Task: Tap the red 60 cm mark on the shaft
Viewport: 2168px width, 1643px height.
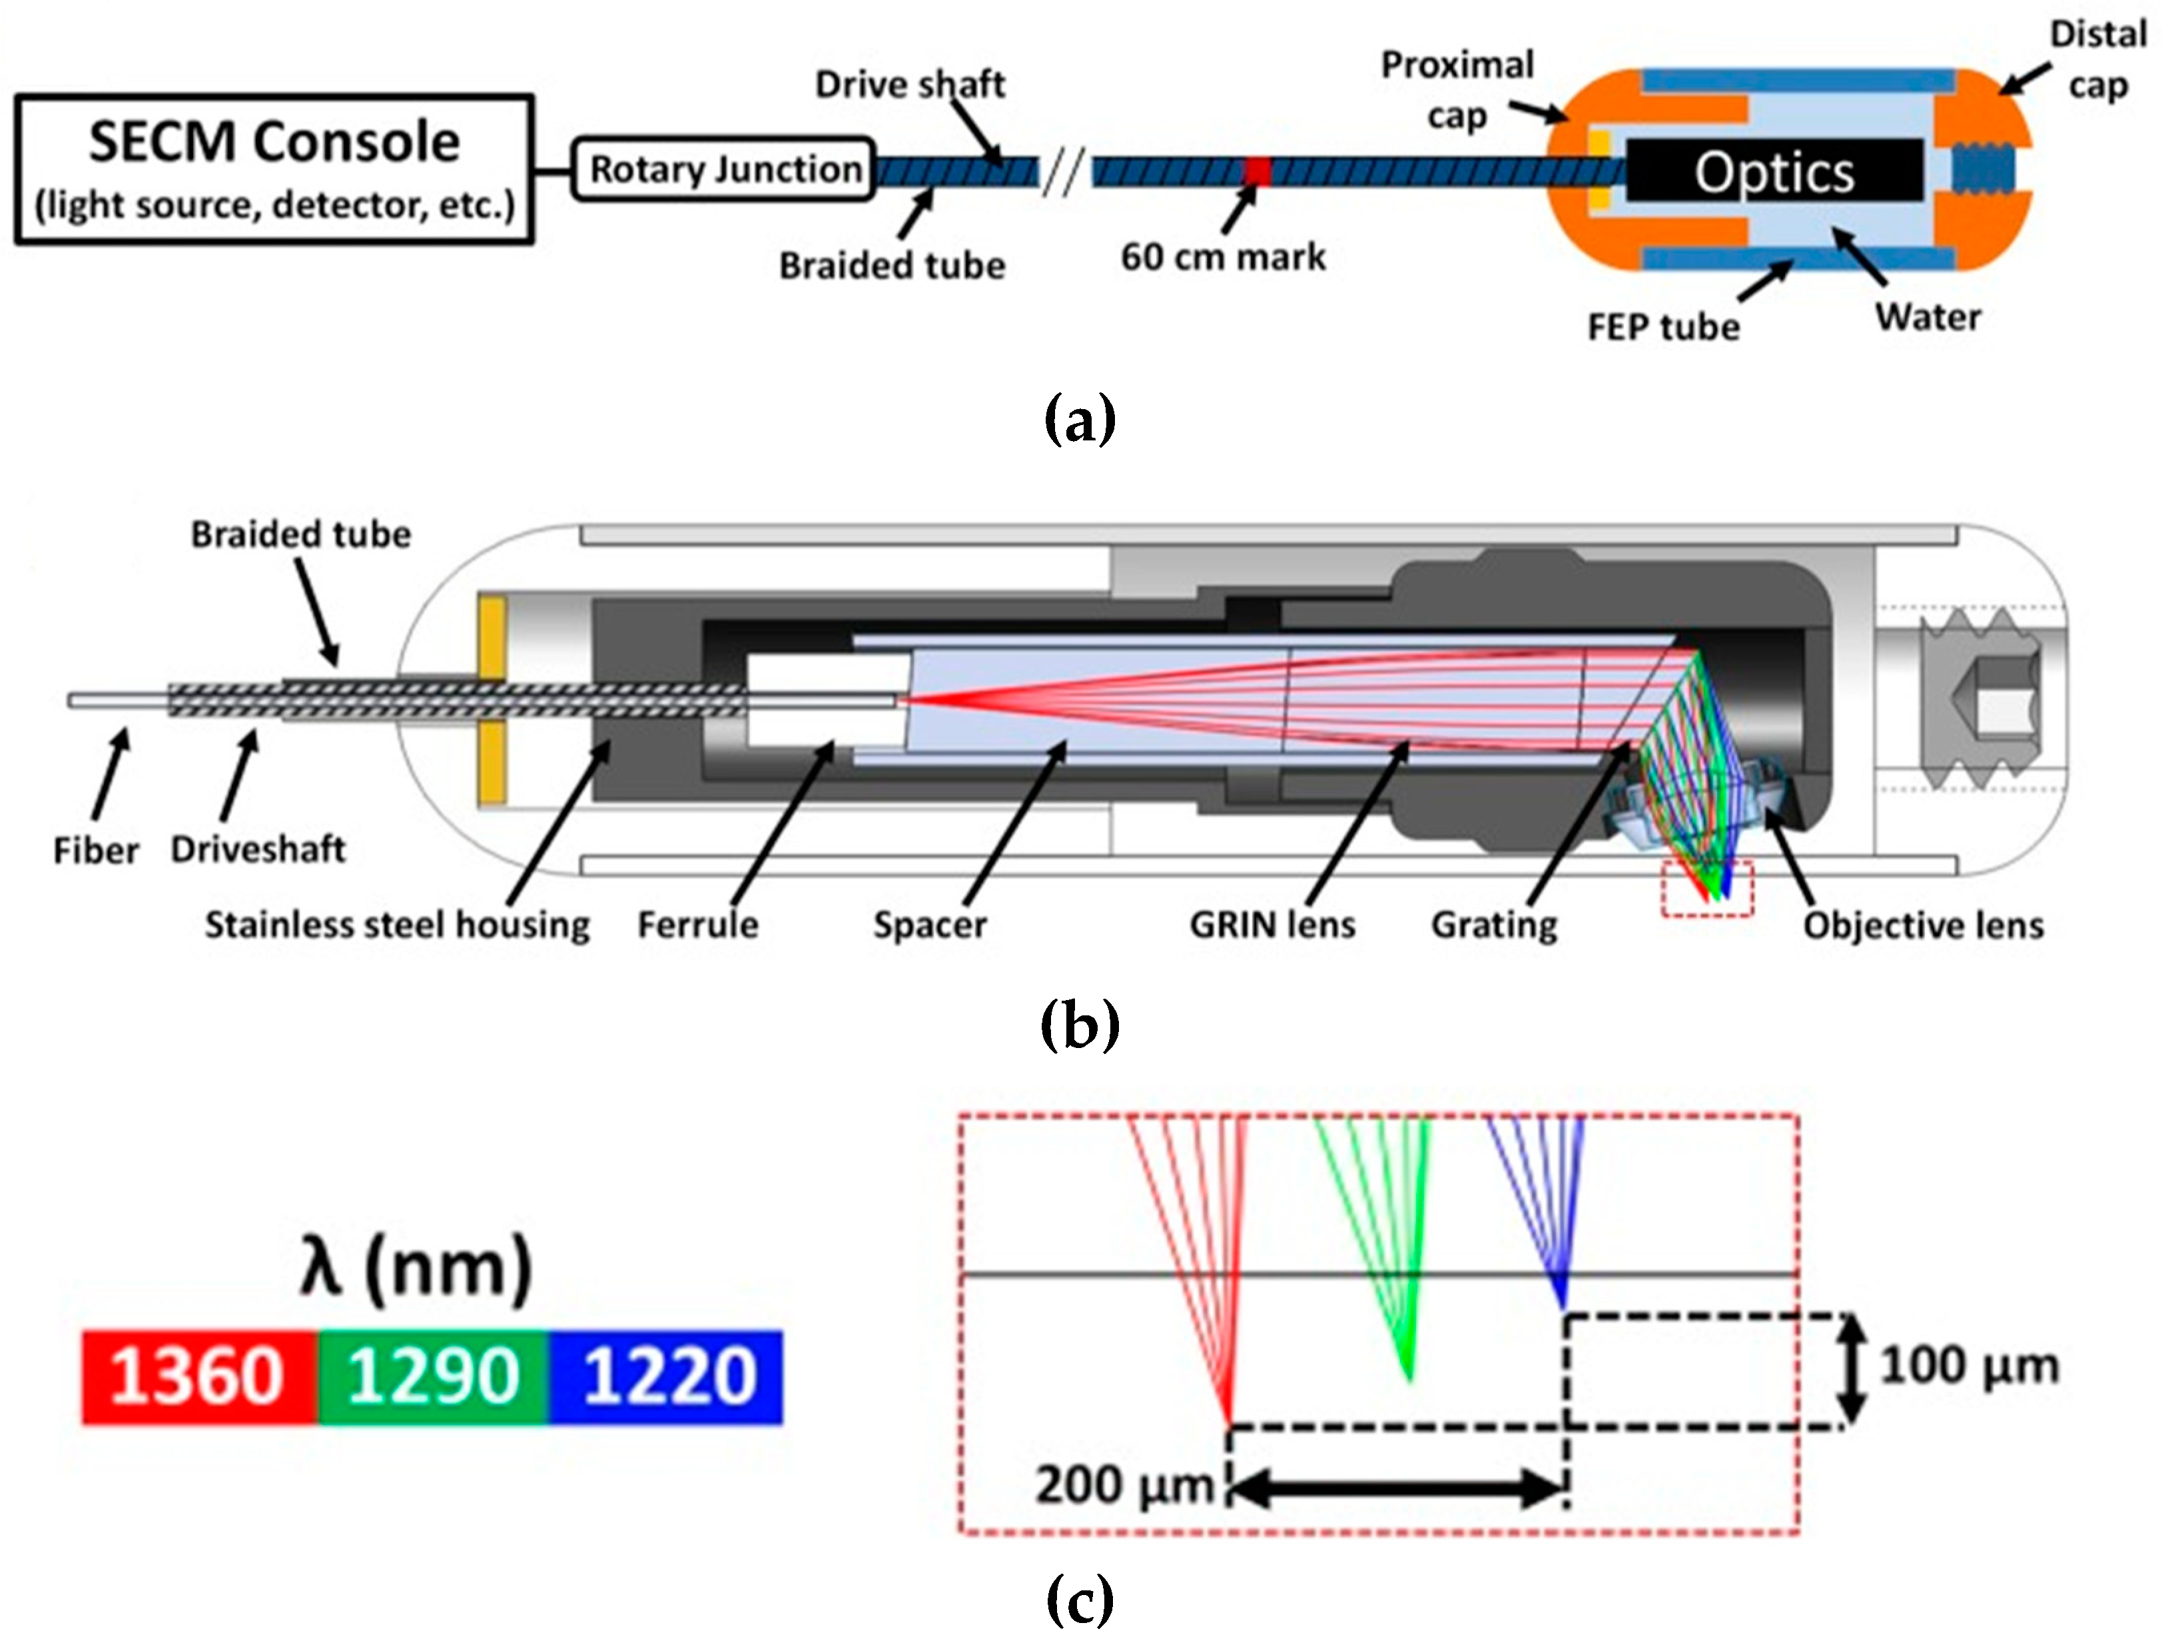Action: pos(1258,173)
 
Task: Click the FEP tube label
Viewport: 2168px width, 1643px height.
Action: pos(1663,327)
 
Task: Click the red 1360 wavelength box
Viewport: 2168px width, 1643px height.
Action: pos(199,1376)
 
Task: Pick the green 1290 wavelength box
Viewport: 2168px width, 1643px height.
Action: pos(432,1376)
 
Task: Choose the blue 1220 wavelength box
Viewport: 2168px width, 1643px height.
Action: pos(667,1376)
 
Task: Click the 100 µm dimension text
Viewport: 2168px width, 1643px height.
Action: pos(1968,1366)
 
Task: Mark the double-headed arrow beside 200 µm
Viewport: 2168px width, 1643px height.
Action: pos(1397,1489)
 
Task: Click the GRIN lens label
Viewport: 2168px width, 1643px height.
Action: pos(1271,924)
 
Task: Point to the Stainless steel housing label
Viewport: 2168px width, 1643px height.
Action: pos(397,924)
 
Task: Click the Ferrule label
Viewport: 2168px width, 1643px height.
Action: pos(698,924)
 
